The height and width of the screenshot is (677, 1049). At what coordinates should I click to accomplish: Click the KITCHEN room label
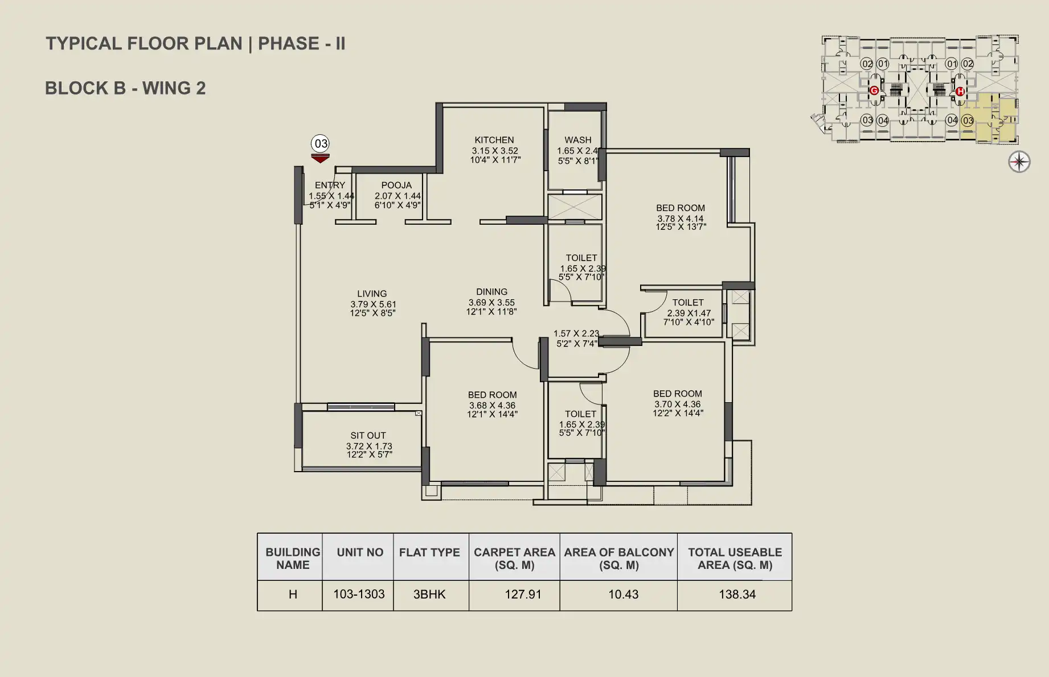(x=494, y=140)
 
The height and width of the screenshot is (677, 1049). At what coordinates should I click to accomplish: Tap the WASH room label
(x=578, y=140)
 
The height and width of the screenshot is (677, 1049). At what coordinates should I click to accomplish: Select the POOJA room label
(x=396, y=185)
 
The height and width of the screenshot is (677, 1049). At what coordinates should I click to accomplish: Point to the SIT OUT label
(x=368, y=436)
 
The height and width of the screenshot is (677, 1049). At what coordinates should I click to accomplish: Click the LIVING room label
(x=372, y=294)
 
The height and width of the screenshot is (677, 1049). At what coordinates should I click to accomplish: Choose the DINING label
(x=492, y=292)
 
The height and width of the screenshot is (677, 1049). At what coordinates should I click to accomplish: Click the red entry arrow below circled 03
(x=321, y=158)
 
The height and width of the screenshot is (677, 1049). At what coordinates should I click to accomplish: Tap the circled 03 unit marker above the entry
(x=321, y=143)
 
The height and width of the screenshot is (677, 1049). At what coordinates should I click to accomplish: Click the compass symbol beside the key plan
(x=1019, y=162)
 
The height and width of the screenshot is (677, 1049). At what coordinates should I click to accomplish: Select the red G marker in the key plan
(x=874, y=90)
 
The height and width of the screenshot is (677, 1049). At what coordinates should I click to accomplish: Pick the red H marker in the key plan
(x=960, y=91)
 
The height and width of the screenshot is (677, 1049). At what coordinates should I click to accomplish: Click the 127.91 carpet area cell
(x=523, y=595)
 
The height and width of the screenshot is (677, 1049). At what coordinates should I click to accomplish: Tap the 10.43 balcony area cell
(x=624, y=595)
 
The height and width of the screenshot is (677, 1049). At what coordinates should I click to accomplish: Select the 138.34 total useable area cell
(x=737, y=595)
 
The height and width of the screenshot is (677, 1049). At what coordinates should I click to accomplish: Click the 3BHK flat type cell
(x=429, y=595)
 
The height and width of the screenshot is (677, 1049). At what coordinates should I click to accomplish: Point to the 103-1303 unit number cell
(x=359, y=595)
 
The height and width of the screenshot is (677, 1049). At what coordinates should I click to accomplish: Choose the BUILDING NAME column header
(x=293, y=559)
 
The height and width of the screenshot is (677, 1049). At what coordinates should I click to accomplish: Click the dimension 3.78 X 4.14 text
(x=681, y=218)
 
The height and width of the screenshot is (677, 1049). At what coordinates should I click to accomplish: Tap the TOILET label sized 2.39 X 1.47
(x=688, y=303)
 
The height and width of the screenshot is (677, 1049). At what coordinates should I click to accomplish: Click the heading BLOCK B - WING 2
(x=125, y=88)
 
